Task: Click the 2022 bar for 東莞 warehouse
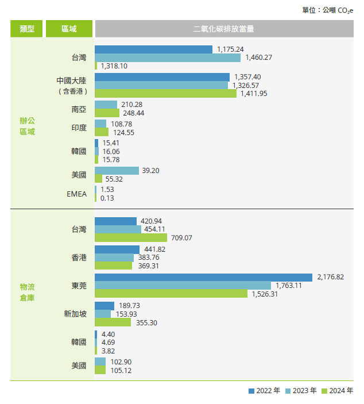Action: (x=203, y=277)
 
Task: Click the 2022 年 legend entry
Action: (x=265, y=391)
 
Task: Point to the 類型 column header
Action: (x=26, y=29)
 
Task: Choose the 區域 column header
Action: (x=69, y=29)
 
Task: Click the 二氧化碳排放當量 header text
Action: (x=224, y=29)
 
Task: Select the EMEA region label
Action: (x=77, y=194)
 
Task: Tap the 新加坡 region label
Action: (x=75, y=314)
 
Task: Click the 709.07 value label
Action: (x=181, y=237)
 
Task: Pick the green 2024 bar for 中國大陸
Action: (x=165, y=93)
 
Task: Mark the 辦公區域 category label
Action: (x=27, y=126)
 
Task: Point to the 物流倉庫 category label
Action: (x=27, y=291)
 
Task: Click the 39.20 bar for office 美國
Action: (x=117, y=171)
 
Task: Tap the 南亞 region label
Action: (x=79, y=109)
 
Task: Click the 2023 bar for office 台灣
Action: (x=168, y=57)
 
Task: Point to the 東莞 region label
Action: (x=79, y=285)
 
